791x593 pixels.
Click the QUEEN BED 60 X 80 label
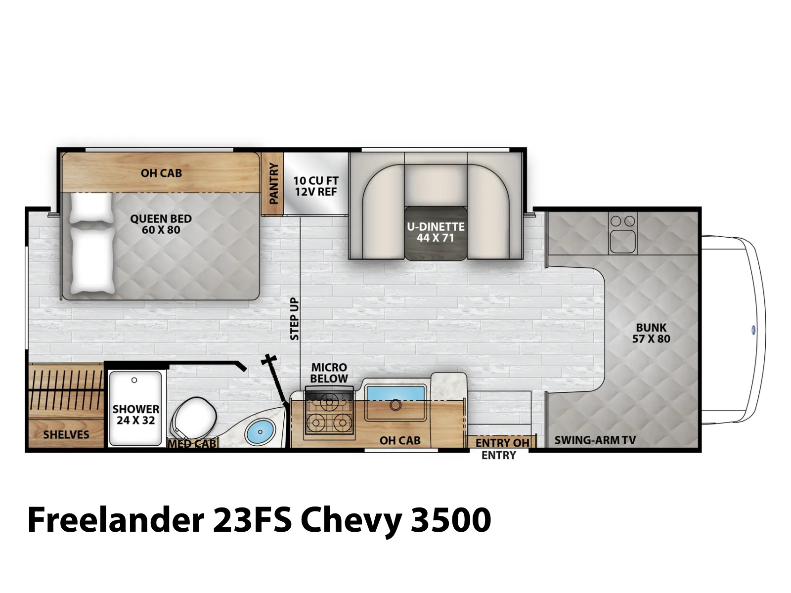pos(161,224)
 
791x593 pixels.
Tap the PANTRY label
pos(273,183)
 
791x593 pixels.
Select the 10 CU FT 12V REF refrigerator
pos(316,184)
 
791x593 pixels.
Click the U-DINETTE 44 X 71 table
pos(436,233)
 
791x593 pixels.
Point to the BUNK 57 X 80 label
pos(651,333)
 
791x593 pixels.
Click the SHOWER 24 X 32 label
pos(136,415)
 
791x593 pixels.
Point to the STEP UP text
pos(295,319)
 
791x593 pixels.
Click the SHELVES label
pos(66,434)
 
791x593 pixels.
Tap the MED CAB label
pos(192,443)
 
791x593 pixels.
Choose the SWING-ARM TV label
pos(595,440)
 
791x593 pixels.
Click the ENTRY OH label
pos(502,443)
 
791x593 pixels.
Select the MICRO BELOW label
pos(329,373)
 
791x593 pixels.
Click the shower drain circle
pos(134,380)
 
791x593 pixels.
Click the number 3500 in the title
pos(451,520)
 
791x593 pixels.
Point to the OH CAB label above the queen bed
pos(161,173)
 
